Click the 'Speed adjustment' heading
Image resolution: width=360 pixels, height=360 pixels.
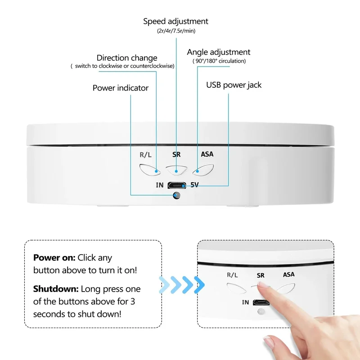(175, 21)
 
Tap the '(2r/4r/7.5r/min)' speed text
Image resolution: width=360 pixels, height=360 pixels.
(176, 31)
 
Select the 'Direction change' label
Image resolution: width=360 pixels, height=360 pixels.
(127, 58)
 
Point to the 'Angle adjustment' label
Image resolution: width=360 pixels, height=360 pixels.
(219, 52)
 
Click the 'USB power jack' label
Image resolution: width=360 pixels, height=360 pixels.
(234, 85)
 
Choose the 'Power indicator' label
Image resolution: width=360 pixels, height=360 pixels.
(121, 88)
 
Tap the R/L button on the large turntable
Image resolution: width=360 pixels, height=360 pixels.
(150, 170)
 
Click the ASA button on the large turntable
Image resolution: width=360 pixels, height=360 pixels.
(203, 170)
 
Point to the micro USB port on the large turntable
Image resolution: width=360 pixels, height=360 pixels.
(176, 185)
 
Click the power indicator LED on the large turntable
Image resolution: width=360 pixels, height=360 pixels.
(176, 195)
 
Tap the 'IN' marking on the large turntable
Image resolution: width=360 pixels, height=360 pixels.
(160, 185)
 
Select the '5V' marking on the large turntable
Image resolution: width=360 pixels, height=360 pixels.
(194, 185)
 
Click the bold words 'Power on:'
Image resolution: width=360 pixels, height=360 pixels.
(54, 257)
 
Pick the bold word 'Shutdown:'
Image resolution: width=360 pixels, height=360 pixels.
(56, 289)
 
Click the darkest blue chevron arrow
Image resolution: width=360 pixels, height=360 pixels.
(199, 285)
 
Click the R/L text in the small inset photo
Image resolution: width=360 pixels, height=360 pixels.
(232, 275)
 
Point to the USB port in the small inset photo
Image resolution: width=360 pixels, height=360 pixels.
(261, 302)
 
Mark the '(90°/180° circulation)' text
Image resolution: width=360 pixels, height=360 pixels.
(219, 61)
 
